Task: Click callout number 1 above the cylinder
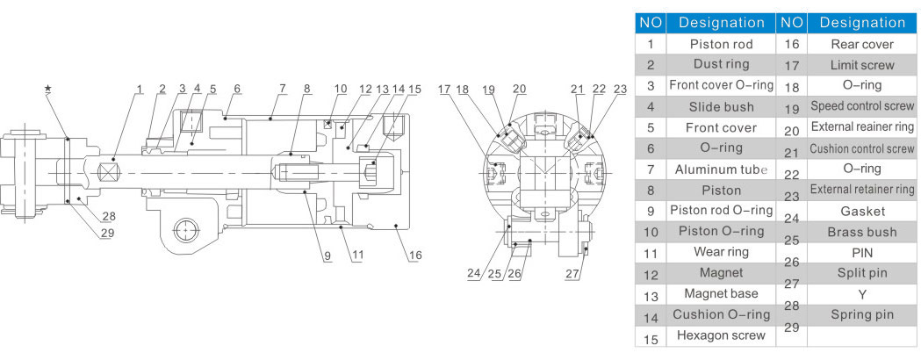[139, 88]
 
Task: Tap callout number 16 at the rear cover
[415, 255]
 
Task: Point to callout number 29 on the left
[107, 233]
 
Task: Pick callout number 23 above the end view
[620, 89]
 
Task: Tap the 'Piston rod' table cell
[722, 43]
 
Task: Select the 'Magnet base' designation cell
[722, 293]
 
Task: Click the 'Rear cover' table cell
[861, 43]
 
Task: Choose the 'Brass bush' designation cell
[861, 232]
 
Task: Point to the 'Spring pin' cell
[861, 314]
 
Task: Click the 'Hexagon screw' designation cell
[722, 335]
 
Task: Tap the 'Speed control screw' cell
[861, 106]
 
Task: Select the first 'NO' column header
[651, 22]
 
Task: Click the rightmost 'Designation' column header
[861, 22]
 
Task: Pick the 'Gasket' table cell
[861, 211]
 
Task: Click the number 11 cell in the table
[651, 252]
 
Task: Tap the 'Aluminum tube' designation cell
[722, 169]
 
